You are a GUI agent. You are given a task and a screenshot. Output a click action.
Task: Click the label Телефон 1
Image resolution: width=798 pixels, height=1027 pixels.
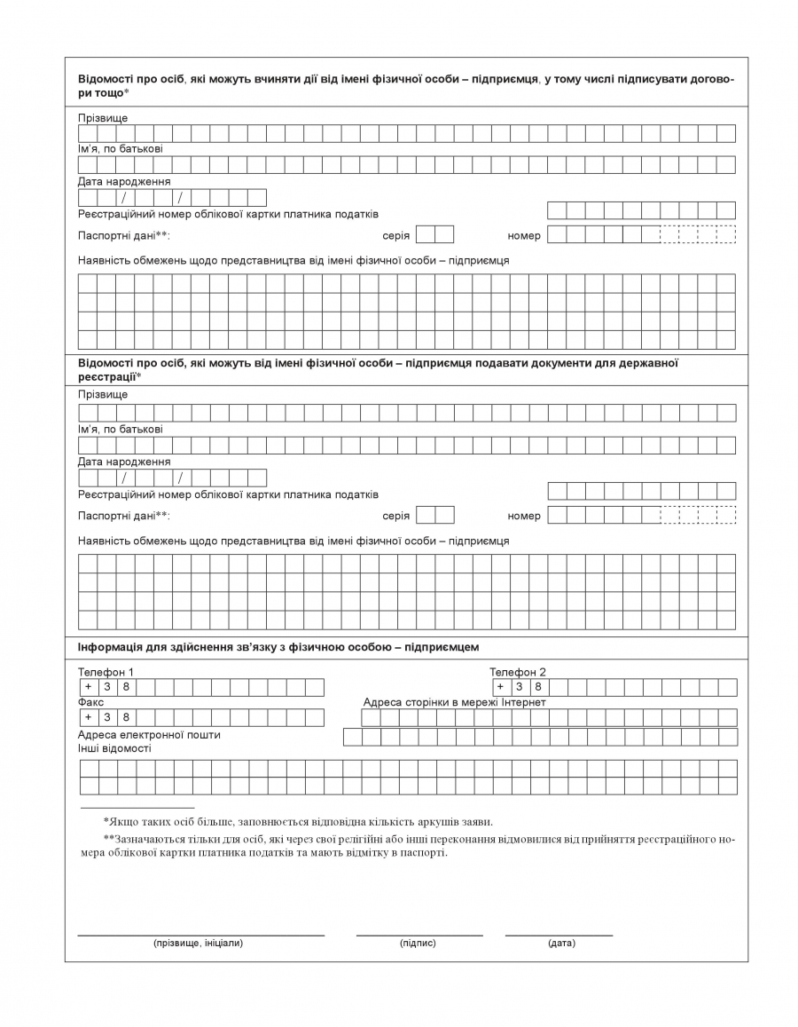pos(106,672)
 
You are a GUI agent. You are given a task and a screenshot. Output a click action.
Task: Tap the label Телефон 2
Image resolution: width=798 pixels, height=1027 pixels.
pos(518,672)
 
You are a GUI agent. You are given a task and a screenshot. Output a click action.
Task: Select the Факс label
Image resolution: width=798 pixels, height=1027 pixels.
pos(91,702)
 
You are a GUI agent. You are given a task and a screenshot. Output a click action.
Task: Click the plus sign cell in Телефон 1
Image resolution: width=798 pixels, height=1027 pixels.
pos(88,687)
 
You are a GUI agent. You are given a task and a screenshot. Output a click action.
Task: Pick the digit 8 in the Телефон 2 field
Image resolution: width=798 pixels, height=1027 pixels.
pos(538,687)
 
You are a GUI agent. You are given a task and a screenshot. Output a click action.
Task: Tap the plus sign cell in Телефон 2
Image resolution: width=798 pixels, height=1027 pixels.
pos(500,687)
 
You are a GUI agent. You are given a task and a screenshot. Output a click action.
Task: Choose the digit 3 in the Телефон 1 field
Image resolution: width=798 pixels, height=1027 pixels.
pos(107,687)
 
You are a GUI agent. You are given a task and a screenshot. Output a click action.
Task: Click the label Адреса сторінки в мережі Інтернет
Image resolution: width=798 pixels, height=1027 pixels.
pos(454,702)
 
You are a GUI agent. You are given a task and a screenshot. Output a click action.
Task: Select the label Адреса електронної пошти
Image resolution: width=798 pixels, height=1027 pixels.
pos(149,734)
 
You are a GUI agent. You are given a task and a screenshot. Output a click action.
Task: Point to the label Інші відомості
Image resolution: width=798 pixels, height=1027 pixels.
pos(114,748)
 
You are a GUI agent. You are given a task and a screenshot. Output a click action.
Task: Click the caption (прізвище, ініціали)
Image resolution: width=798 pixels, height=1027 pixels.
pos(198,943)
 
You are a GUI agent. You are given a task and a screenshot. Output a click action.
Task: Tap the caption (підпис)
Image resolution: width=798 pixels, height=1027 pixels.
pos(418,943)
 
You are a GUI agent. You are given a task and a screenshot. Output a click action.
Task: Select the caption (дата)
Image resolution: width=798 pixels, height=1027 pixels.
pos(561,943)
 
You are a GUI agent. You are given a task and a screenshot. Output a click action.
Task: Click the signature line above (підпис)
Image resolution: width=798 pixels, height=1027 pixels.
pos(419,935)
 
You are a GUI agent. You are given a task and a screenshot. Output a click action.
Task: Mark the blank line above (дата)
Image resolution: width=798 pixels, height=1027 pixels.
pos(559,935)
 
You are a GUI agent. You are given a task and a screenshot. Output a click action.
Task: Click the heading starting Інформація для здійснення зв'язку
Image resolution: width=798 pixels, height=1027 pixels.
pos(278,647)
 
